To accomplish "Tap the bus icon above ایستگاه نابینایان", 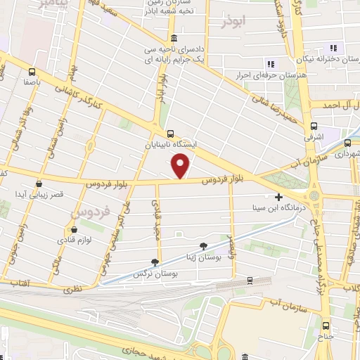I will tap(170, 132).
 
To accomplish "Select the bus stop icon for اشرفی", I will tap(313, 127).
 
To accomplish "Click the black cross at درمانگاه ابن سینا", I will tap(279, 198).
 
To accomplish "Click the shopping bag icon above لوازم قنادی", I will tap(74, 229).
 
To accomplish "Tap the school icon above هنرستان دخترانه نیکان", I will tap(334, 49).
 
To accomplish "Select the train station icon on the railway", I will tap(250, 281).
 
